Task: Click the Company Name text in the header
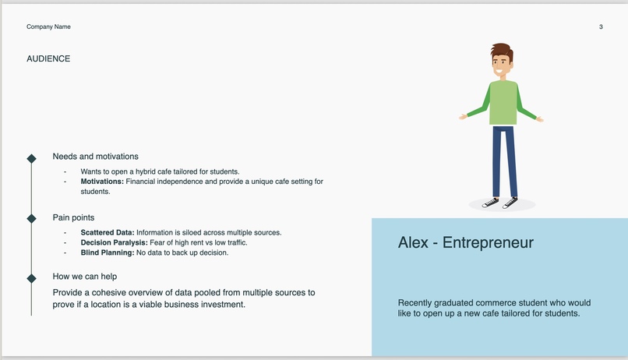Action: pos(48,27)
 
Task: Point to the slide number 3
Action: pos(601,27)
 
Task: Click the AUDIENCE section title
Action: pos(48,58)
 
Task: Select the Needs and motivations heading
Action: pos(95,157)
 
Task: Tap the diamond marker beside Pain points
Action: pos(31,218)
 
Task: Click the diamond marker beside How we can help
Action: pos(31,278)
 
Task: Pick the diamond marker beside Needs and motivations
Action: pos(31,158)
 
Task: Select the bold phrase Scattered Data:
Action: pos(108,232)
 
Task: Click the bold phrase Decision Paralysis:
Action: pos(114,242)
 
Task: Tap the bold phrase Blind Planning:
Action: pos(107,252)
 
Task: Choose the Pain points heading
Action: pos(73,217)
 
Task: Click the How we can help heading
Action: pos(84,277)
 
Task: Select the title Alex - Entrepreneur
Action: pos(465,242)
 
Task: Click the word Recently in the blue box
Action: pos(416,302)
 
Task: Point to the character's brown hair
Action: pos(503,51)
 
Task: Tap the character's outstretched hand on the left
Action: pos(463,117)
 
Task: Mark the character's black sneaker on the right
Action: pos(510,203)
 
